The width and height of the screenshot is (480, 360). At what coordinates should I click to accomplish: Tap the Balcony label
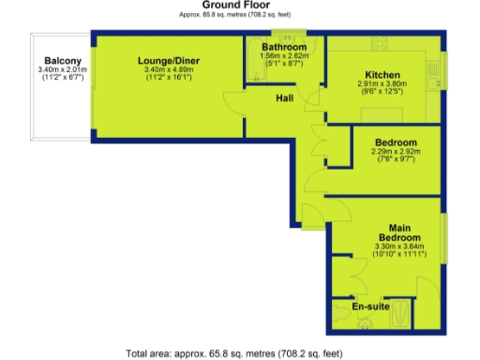pos(61,60)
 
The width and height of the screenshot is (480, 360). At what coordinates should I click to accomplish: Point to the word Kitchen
pos(382,75)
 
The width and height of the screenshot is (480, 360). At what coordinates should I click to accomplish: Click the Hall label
pos(286,97)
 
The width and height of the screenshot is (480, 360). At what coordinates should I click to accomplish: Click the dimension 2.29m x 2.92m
pos(392,153)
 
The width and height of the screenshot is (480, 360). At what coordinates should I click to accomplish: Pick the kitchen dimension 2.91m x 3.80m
pos(383,84)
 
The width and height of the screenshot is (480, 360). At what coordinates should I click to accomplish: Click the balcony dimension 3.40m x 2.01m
pos(61,69)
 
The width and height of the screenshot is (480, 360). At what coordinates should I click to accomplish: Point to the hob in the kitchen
pos(381,44)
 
